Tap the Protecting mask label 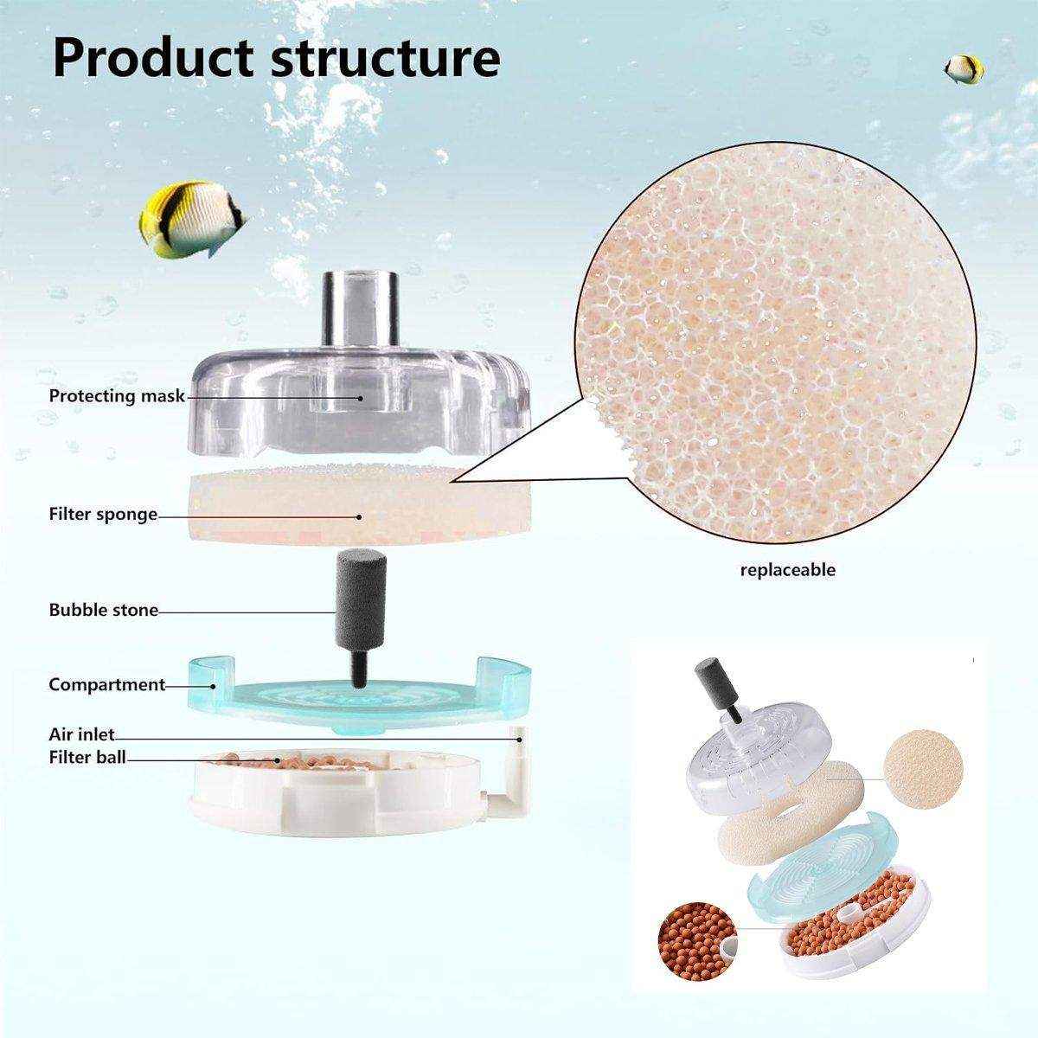point(117,396)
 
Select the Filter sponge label point(103,515)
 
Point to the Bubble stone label point(103,610)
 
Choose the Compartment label point(106,684)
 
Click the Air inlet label point(81,735)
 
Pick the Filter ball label point(87,758)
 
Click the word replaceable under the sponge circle point(787,570)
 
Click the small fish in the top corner point(964,68)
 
